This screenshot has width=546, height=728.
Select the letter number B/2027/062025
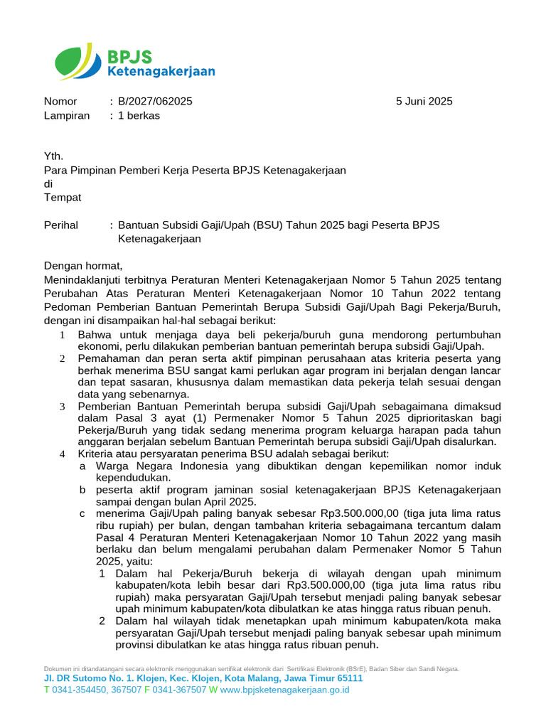pos(155,102)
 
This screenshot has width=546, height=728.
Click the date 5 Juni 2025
pos(424,102)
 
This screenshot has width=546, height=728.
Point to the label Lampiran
pos(67,115)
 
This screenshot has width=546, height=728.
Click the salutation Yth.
pos(53,156)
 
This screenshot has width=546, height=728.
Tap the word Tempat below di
pos(63,197)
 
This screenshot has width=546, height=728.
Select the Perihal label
pos(61,225)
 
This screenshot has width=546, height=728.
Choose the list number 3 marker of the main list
pos(62,407)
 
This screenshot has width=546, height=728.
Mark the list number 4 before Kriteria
pos(62,454)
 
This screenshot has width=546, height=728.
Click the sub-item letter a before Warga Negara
pos(82,466)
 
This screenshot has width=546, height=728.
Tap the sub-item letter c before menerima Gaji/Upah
pos(82,513)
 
